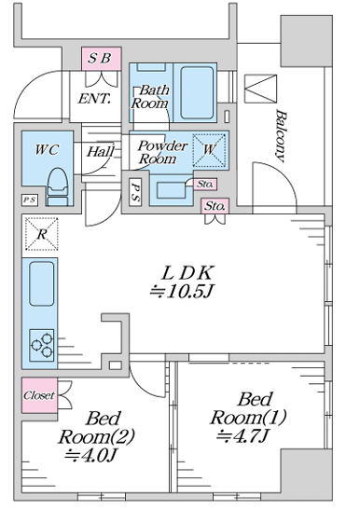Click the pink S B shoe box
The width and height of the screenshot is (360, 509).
(102, 59)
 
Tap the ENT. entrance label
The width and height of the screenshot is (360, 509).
(94, 99)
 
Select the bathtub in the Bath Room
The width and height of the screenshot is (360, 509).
(197, 92)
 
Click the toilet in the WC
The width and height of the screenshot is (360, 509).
(58, 186)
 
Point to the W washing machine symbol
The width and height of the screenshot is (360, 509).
(209, 150)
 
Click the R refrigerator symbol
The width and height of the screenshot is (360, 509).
(42, 234)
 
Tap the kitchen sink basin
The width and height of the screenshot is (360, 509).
(42, 283)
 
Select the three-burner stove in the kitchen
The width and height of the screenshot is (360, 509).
(42, 345)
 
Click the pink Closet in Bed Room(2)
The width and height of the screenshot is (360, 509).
(39, 395)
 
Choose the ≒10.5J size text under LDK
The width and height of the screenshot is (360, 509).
(181, 292)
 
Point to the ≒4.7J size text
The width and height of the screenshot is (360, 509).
(242, 435)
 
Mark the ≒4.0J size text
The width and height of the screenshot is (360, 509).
(90, 455)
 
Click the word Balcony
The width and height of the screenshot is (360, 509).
(281, 136)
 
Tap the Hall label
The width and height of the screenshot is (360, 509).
(101, 151)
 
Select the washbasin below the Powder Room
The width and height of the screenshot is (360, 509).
(171, 189)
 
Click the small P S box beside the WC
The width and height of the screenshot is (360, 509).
(30, 199)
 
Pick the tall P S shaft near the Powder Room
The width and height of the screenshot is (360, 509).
(135, 192)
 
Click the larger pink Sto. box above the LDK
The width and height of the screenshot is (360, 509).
(215, 206)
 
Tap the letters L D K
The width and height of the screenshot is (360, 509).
(187, 273)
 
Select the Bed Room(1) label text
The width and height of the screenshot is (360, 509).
(248, 408)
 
